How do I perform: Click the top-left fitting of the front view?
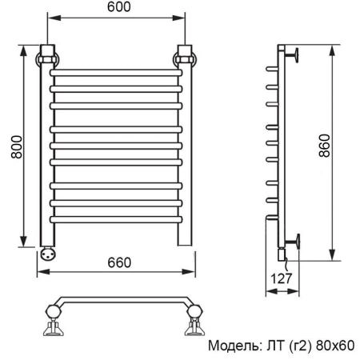coord(48,58)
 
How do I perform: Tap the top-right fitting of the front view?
coord(186,58)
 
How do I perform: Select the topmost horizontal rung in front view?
coord(117,73)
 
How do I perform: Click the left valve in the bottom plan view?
coord(53,322)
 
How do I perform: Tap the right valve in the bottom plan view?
coord(192,322)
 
